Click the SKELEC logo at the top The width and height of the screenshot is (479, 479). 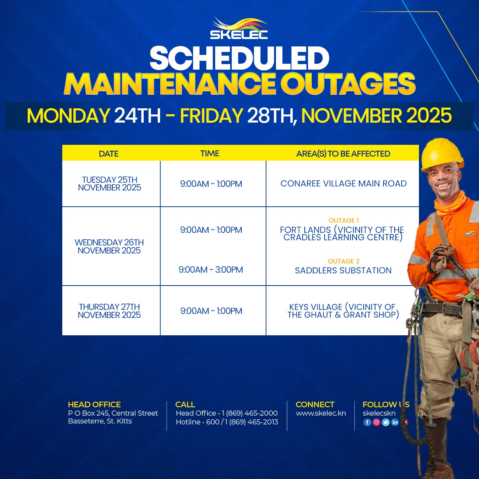239,28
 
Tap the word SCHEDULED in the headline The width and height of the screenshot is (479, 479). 239,58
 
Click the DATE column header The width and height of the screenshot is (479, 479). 109,154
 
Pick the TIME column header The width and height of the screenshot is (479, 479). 210,153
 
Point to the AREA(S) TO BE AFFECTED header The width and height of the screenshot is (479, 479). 343,154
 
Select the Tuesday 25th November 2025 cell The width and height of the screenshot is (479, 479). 109,183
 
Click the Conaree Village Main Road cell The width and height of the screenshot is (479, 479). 343,183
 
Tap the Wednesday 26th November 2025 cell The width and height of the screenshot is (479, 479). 109,247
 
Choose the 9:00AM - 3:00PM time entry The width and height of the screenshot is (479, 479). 211,270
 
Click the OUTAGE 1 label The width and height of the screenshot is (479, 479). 343,220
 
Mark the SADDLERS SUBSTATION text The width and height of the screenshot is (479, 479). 343,270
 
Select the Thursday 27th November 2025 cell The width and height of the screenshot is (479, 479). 109,311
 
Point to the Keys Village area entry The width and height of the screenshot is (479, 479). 343,311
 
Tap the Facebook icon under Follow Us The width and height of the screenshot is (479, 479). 367,422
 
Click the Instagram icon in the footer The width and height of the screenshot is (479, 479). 376,422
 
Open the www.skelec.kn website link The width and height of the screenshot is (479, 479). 321,413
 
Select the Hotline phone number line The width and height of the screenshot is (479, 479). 227,422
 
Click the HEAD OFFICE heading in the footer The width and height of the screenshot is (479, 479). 94,405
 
